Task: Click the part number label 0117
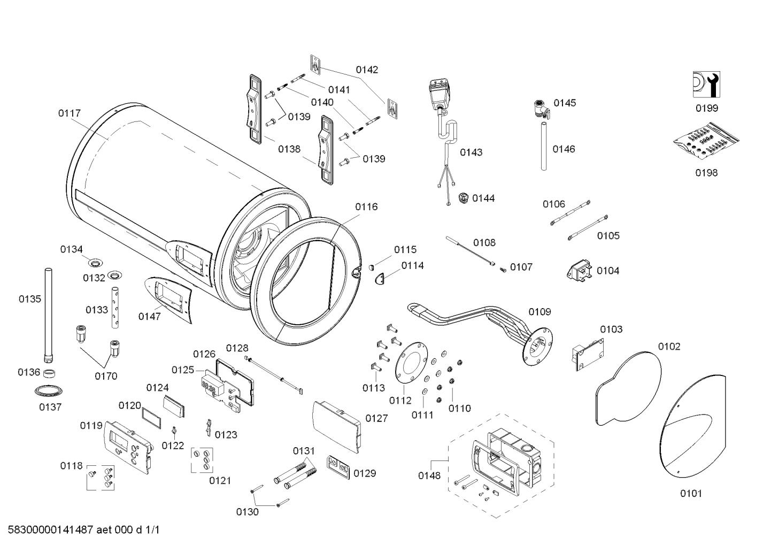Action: coord(70,113)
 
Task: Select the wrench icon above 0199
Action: coord(706,84)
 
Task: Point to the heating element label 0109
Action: coord(539,312)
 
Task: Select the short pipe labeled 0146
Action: coord(544,146)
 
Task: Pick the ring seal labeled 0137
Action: coord(50,389)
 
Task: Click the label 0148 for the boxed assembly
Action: coord(429,475)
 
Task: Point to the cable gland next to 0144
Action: coord(462,198)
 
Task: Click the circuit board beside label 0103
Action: coord(588,354)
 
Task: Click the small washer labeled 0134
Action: coord(96,262)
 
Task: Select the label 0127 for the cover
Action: coord(376,418)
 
